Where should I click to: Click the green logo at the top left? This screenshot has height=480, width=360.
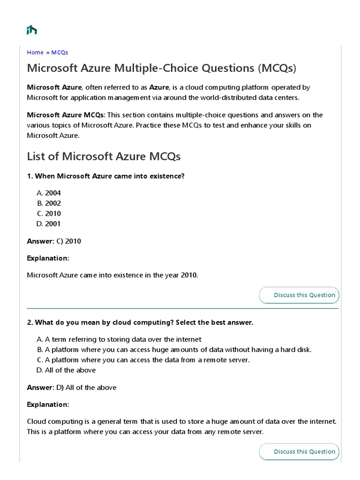point(32,30)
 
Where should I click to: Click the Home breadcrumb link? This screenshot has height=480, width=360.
point(35,52)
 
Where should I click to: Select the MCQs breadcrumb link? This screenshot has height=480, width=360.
point(60,52)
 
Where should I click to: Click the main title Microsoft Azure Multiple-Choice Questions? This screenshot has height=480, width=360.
point(162,68)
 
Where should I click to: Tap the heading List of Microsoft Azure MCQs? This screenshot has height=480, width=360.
point(104,156)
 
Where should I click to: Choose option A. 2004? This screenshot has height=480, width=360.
point(49,193)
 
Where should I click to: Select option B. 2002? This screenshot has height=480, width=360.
point(49,203)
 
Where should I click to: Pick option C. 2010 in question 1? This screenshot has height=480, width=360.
point(49,214)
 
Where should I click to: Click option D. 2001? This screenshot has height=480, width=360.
point(49,224)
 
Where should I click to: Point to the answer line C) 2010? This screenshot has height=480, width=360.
point(54,241)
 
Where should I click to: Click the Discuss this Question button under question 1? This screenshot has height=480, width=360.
point(299,295)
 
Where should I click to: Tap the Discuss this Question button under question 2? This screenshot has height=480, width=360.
point(299,451)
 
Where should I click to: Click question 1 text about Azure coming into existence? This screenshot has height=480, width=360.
point(106,176)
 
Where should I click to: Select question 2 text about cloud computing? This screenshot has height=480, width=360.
point(140,323)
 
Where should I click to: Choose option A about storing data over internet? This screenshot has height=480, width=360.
point(119,339)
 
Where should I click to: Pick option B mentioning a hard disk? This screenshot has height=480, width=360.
point(174,350)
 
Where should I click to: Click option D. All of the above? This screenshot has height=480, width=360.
point(66,370)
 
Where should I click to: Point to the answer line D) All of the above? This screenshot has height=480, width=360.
point(72,388)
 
